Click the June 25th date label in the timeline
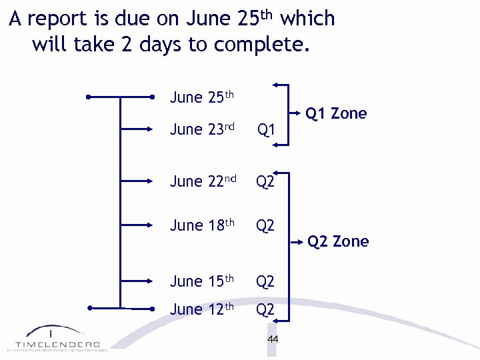[202, 97]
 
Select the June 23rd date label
[202, 129]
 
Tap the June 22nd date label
[203, 181]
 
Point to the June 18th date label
[202, 225]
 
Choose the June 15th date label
[202, 281]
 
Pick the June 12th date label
[202, 309]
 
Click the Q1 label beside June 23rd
[266, 129]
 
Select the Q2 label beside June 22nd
[265, 181]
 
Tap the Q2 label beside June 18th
[265, 225]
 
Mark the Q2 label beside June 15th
[265, 281]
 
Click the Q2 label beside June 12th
[265, 309]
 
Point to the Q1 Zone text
[336, 113]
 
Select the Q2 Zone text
[338, 241]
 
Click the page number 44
[272, 339]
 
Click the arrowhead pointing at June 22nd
[151, 181]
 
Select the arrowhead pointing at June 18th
[151, 225]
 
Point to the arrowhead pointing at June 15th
[151, 281]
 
